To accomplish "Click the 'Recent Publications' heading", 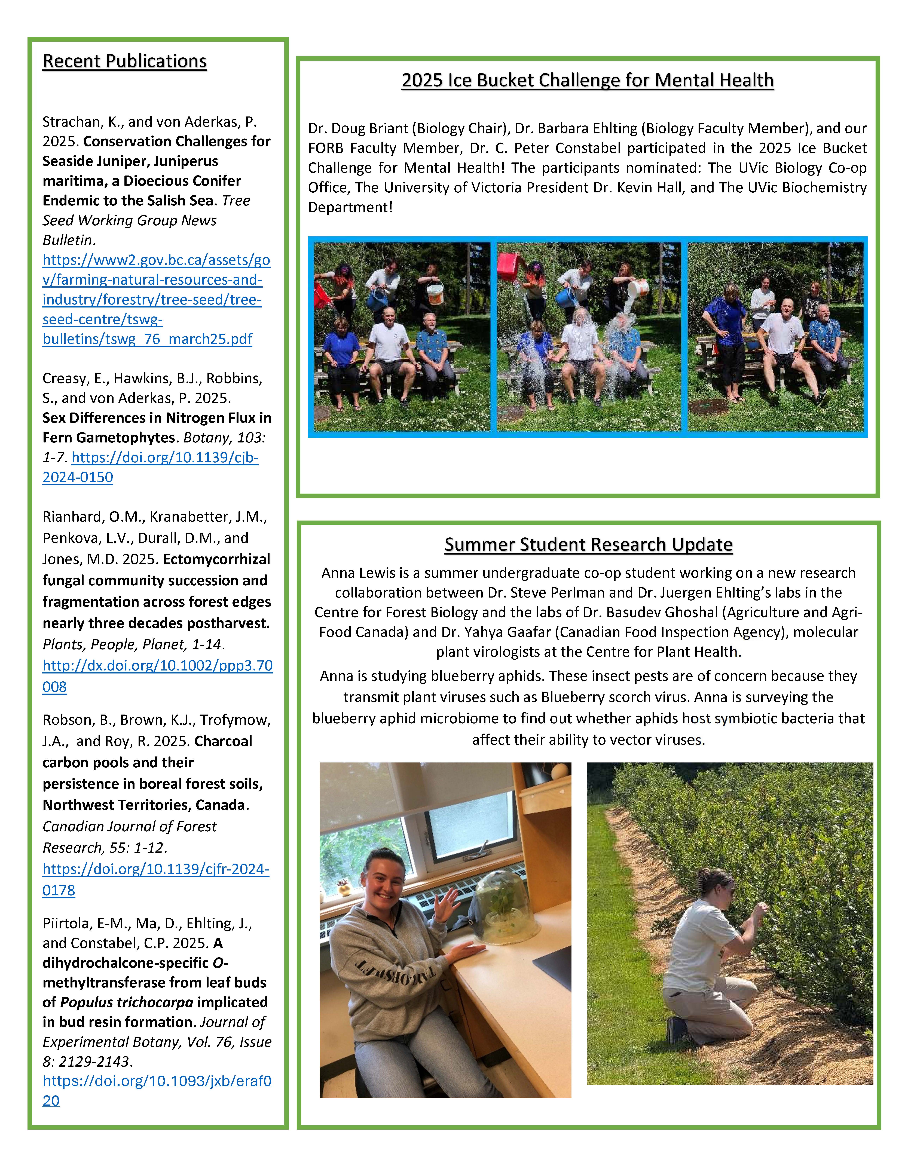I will click(x=125, y=61).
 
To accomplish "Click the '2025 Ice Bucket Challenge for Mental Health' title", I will click(x=588, y=80).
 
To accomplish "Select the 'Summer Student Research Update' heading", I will click(x=589, y=544).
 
